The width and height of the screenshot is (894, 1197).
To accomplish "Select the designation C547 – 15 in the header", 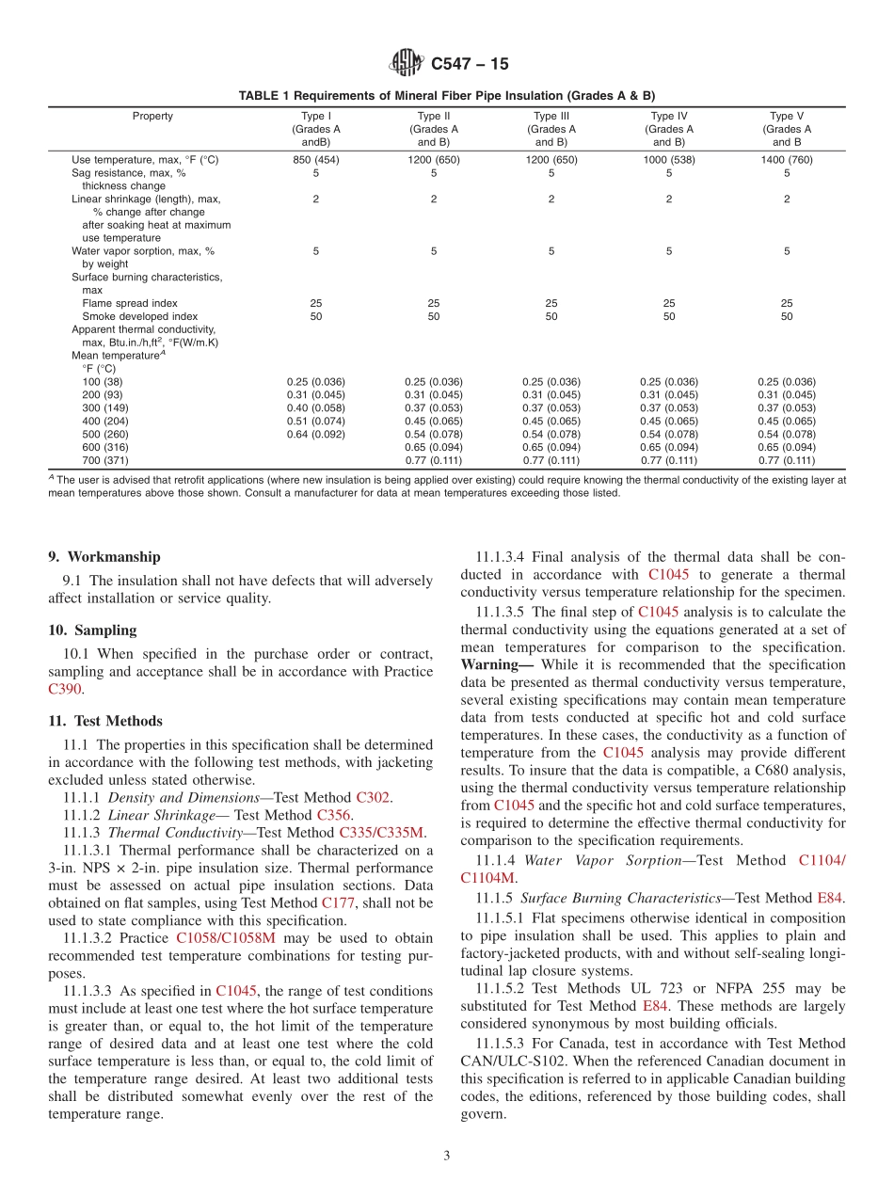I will (468, 65).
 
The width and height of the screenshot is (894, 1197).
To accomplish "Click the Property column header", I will (152, 117).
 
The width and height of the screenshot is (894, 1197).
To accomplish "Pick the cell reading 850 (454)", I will (316, 160).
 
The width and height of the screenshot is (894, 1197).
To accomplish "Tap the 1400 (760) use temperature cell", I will (787, 160).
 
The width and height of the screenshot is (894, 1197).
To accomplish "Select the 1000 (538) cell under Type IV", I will (669, 160).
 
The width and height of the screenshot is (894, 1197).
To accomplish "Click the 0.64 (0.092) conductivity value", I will (316, 435).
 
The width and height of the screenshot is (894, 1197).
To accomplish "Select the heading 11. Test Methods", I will (105, 722).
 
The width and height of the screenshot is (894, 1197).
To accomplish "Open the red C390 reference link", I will (63, 690).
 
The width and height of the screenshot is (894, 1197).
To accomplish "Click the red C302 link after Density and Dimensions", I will (374, 798).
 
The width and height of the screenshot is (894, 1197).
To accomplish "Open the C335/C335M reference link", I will (381, 833).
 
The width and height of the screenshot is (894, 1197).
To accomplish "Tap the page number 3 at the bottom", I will (447, 1157).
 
